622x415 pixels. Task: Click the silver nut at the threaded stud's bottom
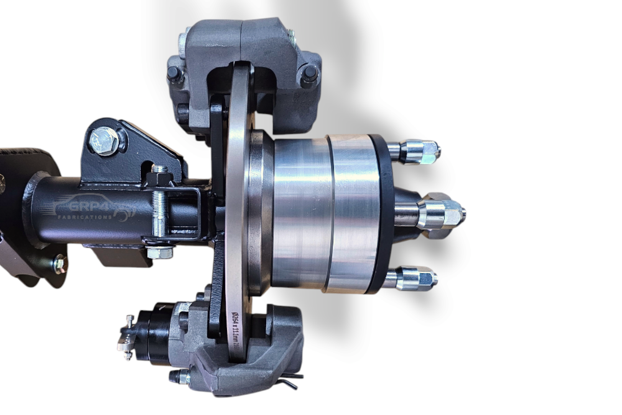point(159,253)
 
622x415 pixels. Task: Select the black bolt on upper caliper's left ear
point(174,76)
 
